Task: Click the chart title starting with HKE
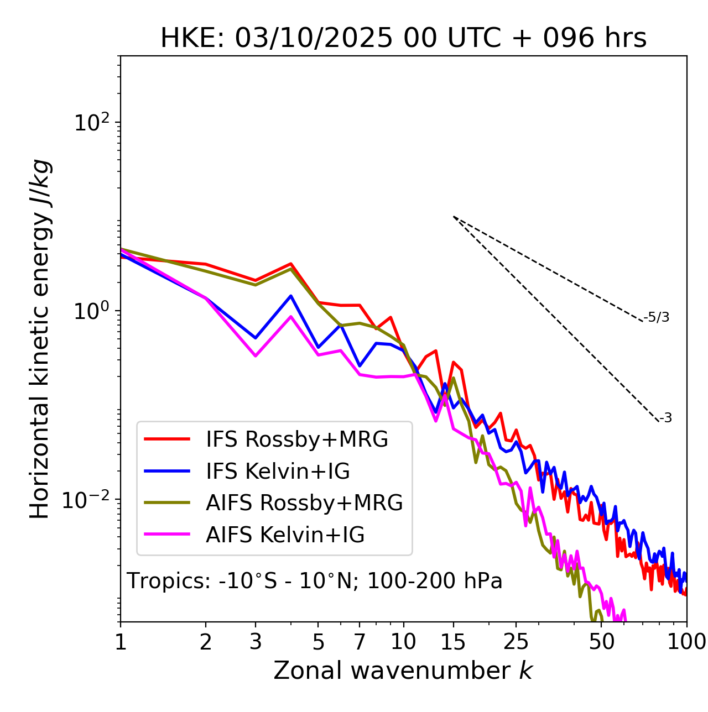click(403, 39)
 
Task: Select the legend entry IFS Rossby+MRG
click(296, 439)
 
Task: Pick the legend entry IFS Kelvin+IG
click(278, 471)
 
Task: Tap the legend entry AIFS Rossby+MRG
click(304, 502)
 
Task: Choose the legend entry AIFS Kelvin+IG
click(285, 535)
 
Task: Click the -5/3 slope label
click(657, 318)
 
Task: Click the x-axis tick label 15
click(453, 642)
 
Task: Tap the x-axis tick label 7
click(360, 642)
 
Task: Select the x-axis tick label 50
click(601, 642)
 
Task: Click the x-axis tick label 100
click(686, 642)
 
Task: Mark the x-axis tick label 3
click(255, 642)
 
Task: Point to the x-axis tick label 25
click(516, 642)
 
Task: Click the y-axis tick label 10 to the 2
click(91, 122)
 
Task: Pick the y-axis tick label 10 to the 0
click(91, 311)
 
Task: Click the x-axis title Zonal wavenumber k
click(403, 671)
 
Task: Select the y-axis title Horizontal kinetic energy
click(40, 339)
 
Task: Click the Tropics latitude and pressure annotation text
click(314, 581)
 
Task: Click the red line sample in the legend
click(167, 439)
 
